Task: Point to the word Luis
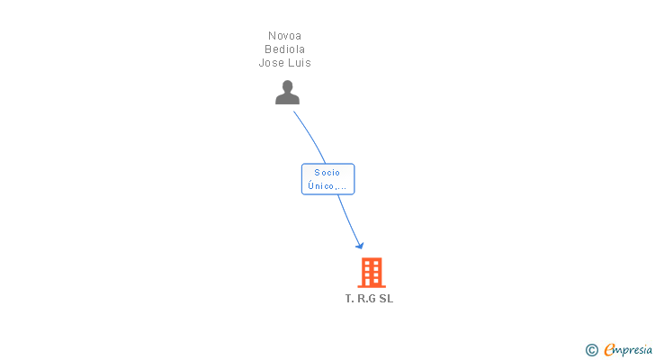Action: (300, 63)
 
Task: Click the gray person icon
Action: (287, 93)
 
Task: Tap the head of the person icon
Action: (287, 86)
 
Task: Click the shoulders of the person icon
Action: (287, 99)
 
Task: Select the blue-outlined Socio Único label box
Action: (327, 179)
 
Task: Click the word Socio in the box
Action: (327, 173)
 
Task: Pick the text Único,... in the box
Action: (327, 186)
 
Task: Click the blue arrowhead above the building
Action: (360, 245)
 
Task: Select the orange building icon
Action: (371, 272)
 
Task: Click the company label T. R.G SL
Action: (369, 299)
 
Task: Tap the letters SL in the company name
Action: (386, 299)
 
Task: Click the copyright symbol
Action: (591, 350)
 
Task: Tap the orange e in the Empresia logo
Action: (609, 350)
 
